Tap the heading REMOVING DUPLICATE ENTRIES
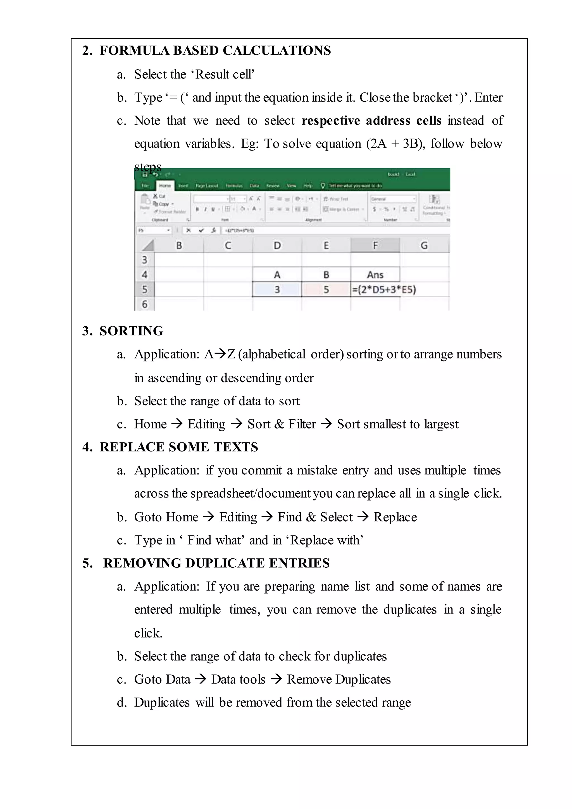point(216,563)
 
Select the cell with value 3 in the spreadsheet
point(277,290)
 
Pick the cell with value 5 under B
point(326,290)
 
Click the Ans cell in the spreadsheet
point(375,275)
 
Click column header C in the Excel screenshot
point(228,245)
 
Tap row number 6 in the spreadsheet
point(144,304)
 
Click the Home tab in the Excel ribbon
point(165,186)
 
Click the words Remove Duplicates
point(339,679)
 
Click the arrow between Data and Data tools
point(201,679)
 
